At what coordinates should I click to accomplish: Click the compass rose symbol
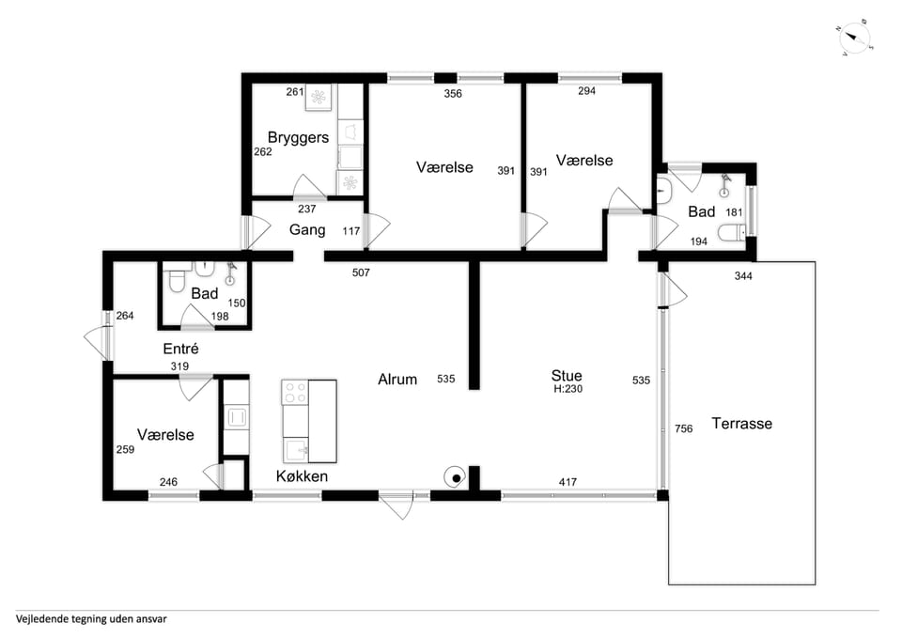click(855, 39)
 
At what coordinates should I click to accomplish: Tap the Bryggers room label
click(298, 137)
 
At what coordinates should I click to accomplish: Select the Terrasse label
click(741, 424)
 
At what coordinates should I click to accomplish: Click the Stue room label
click(567, 376)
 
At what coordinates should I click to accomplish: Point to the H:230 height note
click(568, 389)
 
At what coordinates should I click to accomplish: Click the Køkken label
click(302, 476)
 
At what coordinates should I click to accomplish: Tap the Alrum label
click(397, 379)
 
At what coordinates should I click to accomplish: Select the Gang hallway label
click(307, 229)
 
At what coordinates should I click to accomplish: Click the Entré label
click(180, 349)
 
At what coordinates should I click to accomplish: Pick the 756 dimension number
click(683, 428)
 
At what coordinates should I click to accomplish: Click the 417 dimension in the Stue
click(568, 482)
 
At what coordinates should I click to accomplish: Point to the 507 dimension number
click(361, 272)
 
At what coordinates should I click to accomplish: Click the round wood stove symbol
click(455, 477)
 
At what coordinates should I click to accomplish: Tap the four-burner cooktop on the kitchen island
click(295, 392)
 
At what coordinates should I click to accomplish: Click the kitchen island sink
click(296, 449)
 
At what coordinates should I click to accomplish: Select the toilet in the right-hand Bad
click(732, 232)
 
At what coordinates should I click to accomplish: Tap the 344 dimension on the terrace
click(743, 276)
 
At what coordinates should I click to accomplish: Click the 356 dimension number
click(453, 94)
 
